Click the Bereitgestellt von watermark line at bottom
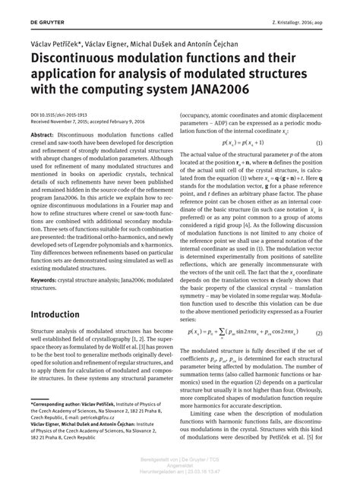180,461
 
